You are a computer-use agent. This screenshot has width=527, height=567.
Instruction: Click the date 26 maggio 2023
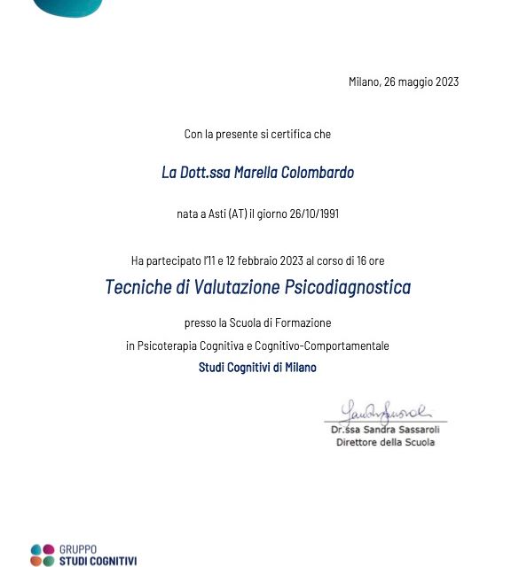pos(421,82)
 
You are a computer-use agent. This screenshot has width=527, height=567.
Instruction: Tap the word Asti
pos(215,214)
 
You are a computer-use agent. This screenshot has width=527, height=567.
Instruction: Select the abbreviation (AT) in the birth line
pos(238,214)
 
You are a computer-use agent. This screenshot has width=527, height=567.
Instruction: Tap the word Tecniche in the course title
pos(137,288)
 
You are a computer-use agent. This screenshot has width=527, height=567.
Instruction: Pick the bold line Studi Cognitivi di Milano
pos(257,367)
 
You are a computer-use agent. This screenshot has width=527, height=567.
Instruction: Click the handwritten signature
pos(384,411)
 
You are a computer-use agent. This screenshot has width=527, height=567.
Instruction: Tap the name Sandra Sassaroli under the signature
pos(398,430)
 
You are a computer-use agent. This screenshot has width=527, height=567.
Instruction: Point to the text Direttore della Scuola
pos(385,442)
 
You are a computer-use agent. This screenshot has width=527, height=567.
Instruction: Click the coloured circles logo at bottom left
pos(42,555)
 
